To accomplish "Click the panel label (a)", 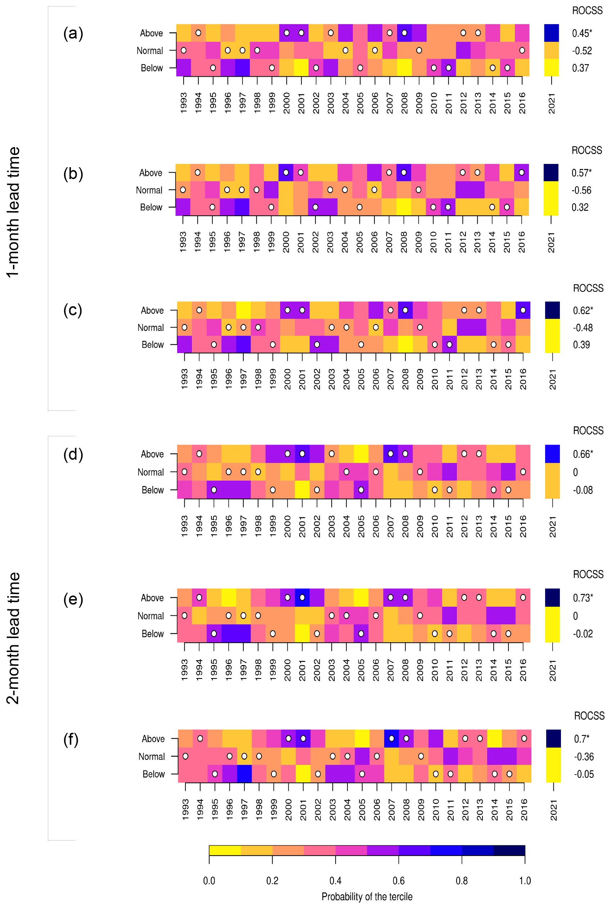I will [73, 34].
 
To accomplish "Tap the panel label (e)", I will [73, 600].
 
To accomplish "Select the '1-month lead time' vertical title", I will [13, 212].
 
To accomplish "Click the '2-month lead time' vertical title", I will [13, 638].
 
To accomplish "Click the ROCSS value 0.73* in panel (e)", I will [583, 598].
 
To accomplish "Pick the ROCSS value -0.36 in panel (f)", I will [583, 757].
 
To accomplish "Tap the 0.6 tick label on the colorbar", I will [398, 881].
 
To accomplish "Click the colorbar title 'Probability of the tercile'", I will [367, 896].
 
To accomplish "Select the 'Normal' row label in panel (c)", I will [150, 327].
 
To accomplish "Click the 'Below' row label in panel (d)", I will [152, 490].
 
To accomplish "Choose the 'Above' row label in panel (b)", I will [150, 173].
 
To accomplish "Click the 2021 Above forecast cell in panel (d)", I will [552, 454].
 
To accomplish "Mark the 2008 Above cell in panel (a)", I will [404, 33].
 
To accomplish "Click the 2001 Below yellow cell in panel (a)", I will [301, 68].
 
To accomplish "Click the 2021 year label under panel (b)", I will [551, 242].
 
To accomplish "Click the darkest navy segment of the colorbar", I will [509, 851].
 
